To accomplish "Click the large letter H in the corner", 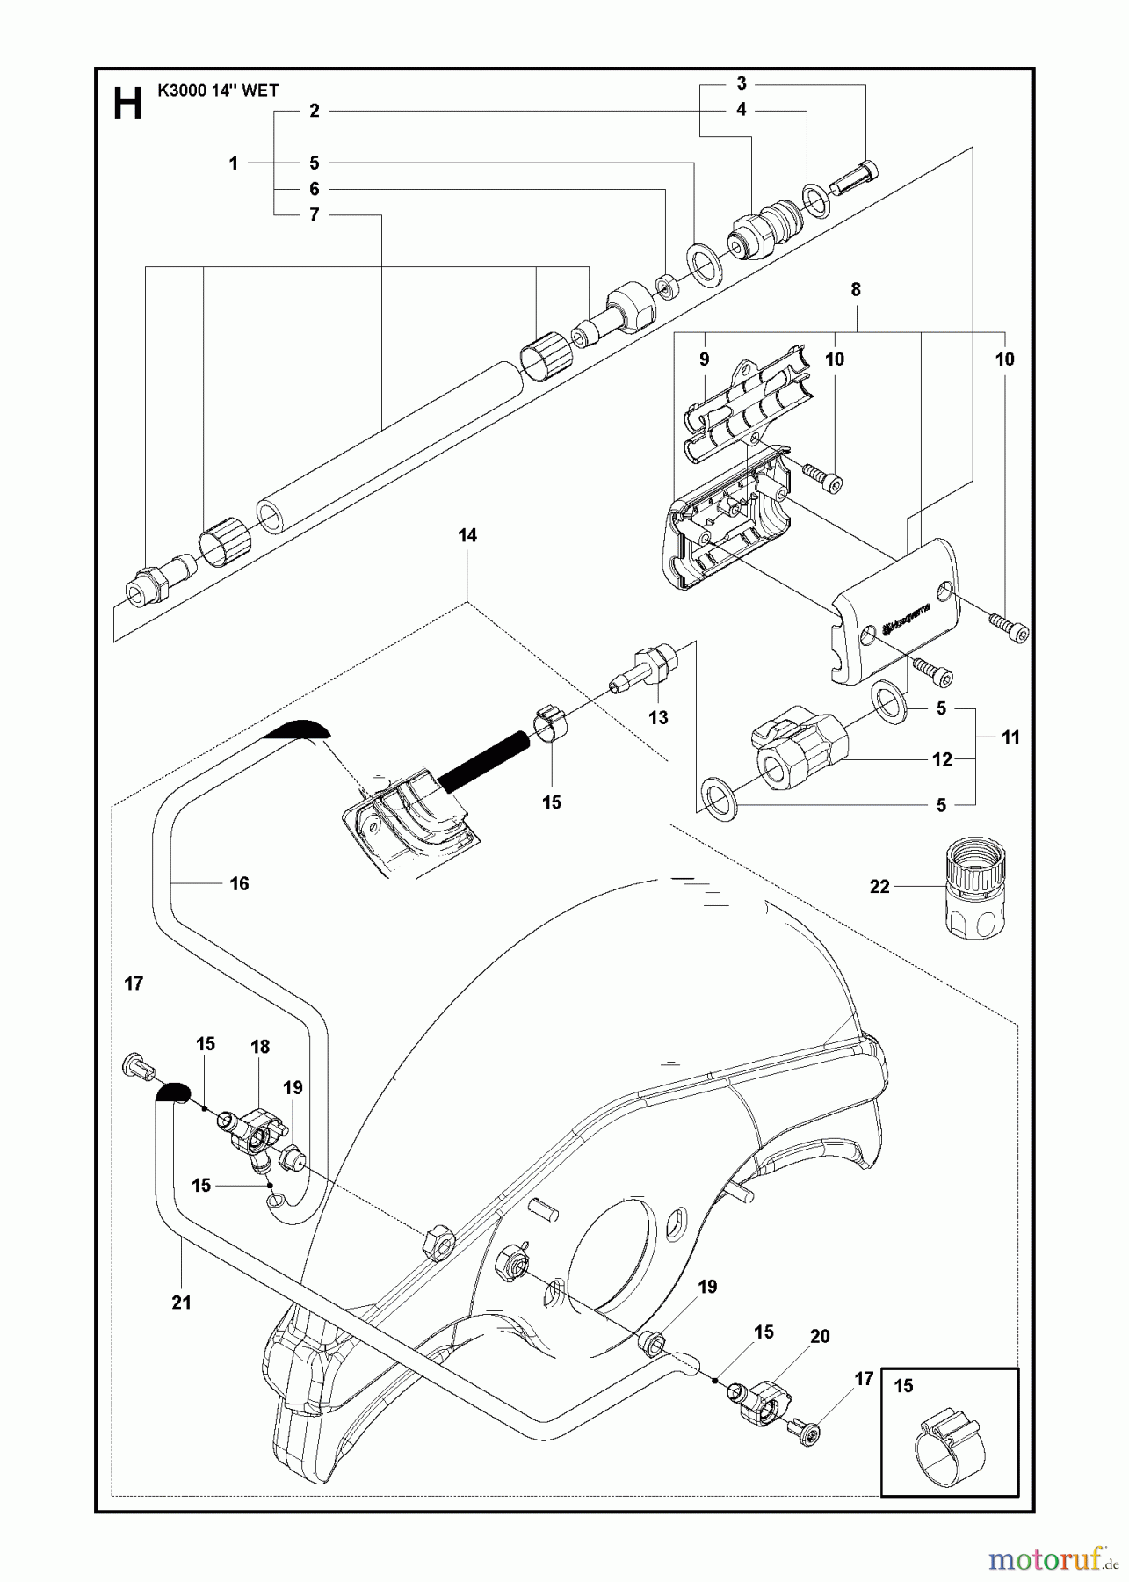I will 127,105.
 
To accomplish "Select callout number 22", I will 879,887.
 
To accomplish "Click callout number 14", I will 467,535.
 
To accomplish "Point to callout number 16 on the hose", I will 239,883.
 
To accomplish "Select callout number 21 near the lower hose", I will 181,1303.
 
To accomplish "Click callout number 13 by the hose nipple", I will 658,717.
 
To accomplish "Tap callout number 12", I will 942,759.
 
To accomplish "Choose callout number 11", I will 1010,737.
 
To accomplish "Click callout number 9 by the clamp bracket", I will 704,359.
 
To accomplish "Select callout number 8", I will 856,289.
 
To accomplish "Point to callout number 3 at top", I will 742,83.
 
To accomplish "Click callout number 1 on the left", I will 234,163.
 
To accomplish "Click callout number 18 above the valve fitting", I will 260,1046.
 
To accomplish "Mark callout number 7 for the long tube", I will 314,215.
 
